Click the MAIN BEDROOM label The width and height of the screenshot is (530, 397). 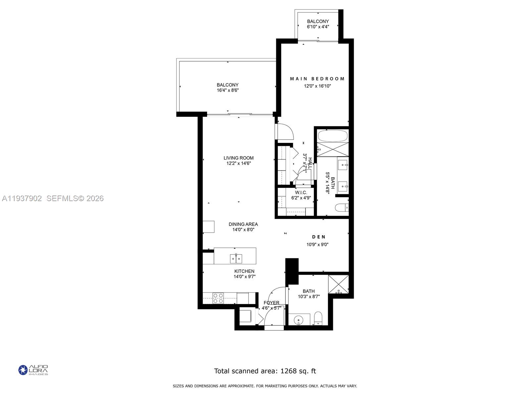(317, 79)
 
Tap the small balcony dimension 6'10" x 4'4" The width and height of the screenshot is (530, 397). (318, 27)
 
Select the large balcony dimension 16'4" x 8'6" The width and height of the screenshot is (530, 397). (228, 90)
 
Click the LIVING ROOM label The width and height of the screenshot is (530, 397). (238, 158)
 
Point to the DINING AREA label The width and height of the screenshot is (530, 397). (243, 224)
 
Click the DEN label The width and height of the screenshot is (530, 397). (319, 237)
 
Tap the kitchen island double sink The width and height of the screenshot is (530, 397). (236, 258)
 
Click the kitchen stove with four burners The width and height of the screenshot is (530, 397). (218, 298)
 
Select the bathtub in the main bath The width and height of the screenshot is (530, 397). (333, 136)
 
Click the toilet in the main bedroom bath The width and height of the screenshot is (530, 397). (341, 208)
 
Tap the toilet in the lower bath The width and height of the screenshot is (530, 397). (318, 318)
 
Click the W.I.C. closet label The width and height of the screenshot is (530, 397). (301, 193)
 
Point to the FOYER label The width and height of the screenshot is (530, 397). (271, 303)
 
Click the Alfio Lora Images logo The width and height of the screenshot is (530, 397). (33, 370)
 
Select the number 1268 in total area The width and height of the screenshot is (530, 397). (288, 371)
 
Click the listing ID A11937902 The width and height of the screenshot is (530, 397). (22, 198)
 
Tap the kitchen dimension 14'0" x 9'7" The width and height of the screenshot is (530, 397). (244, 277)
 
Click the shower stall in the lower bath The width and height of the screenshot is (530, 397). (339, 284)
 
